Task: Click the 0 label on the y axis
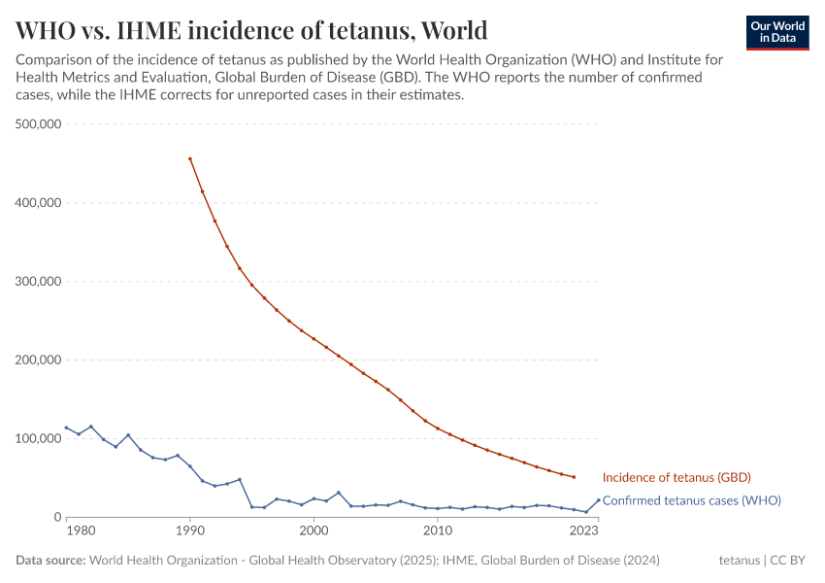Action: point(57,518)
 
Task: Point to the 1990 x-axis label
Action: point(190,531)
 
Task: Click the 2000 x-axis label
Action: point(313,531)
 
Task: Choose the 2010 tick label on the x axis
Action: point(438,531)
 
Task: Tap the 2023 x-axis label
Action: point(584,531)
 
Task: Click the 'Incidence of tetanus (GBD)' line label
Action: point(676,477)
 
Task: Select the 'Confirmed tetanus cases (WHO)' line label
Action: point(691,500)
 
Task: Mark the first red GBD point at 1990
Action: point(190,158)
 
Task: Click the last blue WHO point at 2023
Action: point(598,500)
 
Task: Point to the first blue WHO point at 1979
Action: point(67,428)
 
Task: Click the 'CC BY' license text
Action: point(790,561)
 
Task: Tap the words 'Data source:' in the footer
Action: point(49,561)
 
